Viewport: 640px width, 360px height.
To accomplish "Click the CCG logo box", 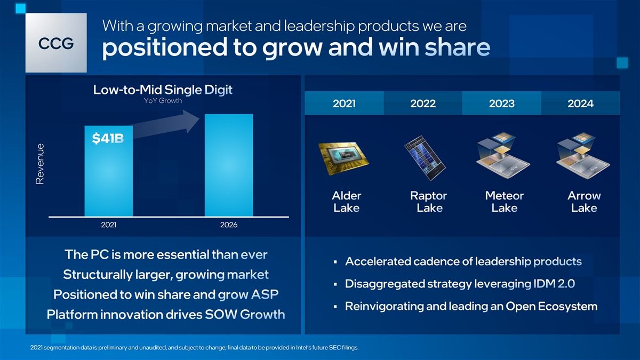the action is coord(56,43).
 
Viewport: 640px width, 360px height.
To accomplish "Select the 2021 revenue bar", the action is coord(109,171).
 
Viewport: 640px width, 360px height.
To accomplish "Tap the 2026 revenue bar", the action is coord(229,165).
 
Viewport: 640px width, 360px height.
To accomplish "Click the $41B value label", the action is coord(108,139).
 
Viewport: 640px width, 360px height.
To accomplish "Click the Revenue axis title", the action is coord(39,164).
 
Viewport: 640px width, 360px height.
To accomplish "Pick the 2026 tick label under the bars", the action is coord(229,225).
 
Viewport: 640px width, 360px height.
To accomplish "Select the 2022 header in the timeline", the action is coord(423,103).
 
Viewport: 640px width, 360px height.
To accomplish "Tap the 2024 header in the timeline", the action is coord(580,103).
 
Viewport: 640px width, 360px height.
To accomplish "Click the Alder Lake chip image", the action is coord(343,158).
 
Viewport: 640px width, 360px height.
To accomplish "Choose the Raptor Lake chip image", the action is coord(425,158).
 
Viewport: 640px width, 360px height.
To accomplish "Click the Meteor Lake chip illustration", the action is coord(503,156).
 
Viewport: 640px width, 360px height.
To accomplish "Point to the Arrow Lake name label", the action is coord(584,202).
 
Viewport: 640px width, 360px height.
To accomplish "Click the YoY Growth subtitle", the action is coord(163,101).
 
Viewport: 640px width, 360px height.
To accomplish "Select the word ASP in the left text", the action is coord(265,294).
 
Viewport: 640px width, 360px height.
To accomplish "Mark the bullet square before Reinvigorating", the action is coord(335,307).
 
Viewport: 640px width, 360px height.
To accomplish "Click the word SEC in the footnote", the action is coord(334,348).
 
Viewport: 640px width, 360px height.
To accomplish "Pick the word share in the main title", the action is coord(458,47).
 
